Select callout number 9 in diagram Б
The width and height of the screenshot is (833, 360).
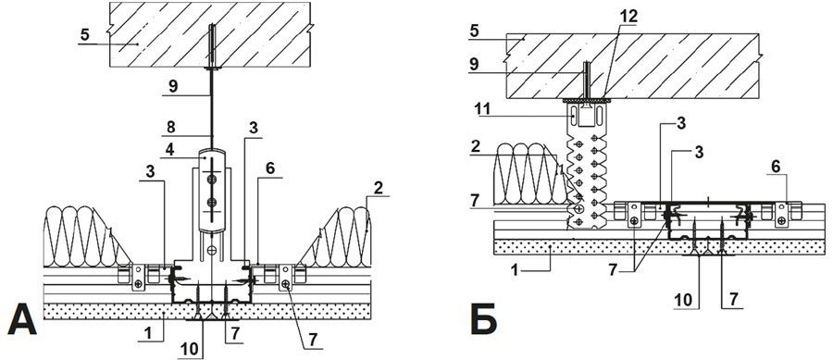[x=474, y=65]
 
